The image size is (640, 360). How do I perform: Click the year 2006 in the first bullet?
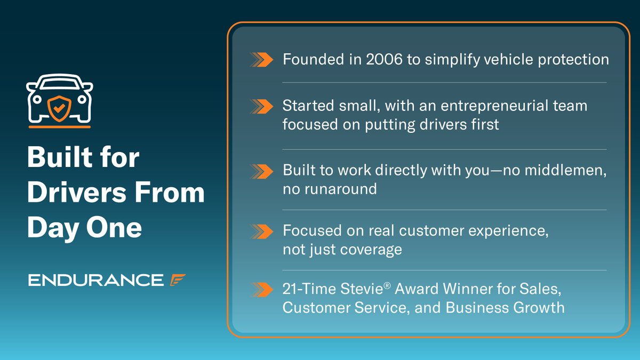pyautogui.click(x=384, y=59)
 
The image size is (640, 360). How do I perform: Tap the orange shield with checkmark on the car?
pyautogui.click(x=59, y=108)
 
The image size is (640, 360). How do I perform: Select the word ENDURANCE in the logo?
pyautogui.click(x=95, y=280)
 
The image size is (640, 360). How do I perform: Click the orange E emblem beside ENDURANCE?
pyautogui.click(x=178, y=280)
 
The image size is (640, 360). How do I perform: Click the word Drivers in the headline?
pyautogui.click(x=77, y=193)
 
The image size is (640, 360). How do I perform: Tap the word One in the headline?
pyautogui.click(x=114, y=228)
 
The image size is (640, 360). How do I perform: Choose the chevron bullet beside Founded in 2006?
pyautogui.click(x=261, y=60)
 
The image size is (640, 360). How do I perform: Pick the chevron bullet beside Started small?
pyautogui.click(x=261, y=106)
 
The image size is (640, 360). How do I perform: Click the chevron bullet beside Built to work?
pyautogui.click(x=261, y=171)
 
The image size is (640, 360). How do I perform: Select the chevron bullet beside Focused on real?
pyautogui.click(x=261, y=231)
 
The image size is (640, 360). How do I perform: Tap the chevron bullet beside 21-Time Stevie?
pyautogui.click(x=261, y=290)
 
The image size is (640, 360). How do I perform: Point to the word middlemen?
pyautogui.click(x=565, y=171)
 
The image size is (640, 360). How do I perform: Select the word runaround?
pyautogui.click(x=341, y=189)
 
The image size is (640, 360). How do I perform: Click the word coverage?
pyautogui.click(x=371, y=250)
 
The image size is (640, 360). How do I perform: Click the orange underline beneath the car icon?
pyautogui.click(x=59, y=127)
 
